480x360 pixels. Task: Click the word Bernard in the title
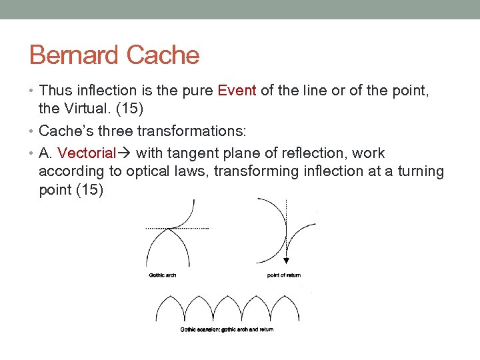tap(72, 55)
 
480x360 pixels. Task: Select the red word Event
tap(237, 91)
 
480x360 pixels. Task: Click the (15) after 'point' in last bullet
tap(89, 189)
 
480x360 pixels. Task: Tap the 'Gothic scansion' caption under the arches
tap(227, 329)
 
